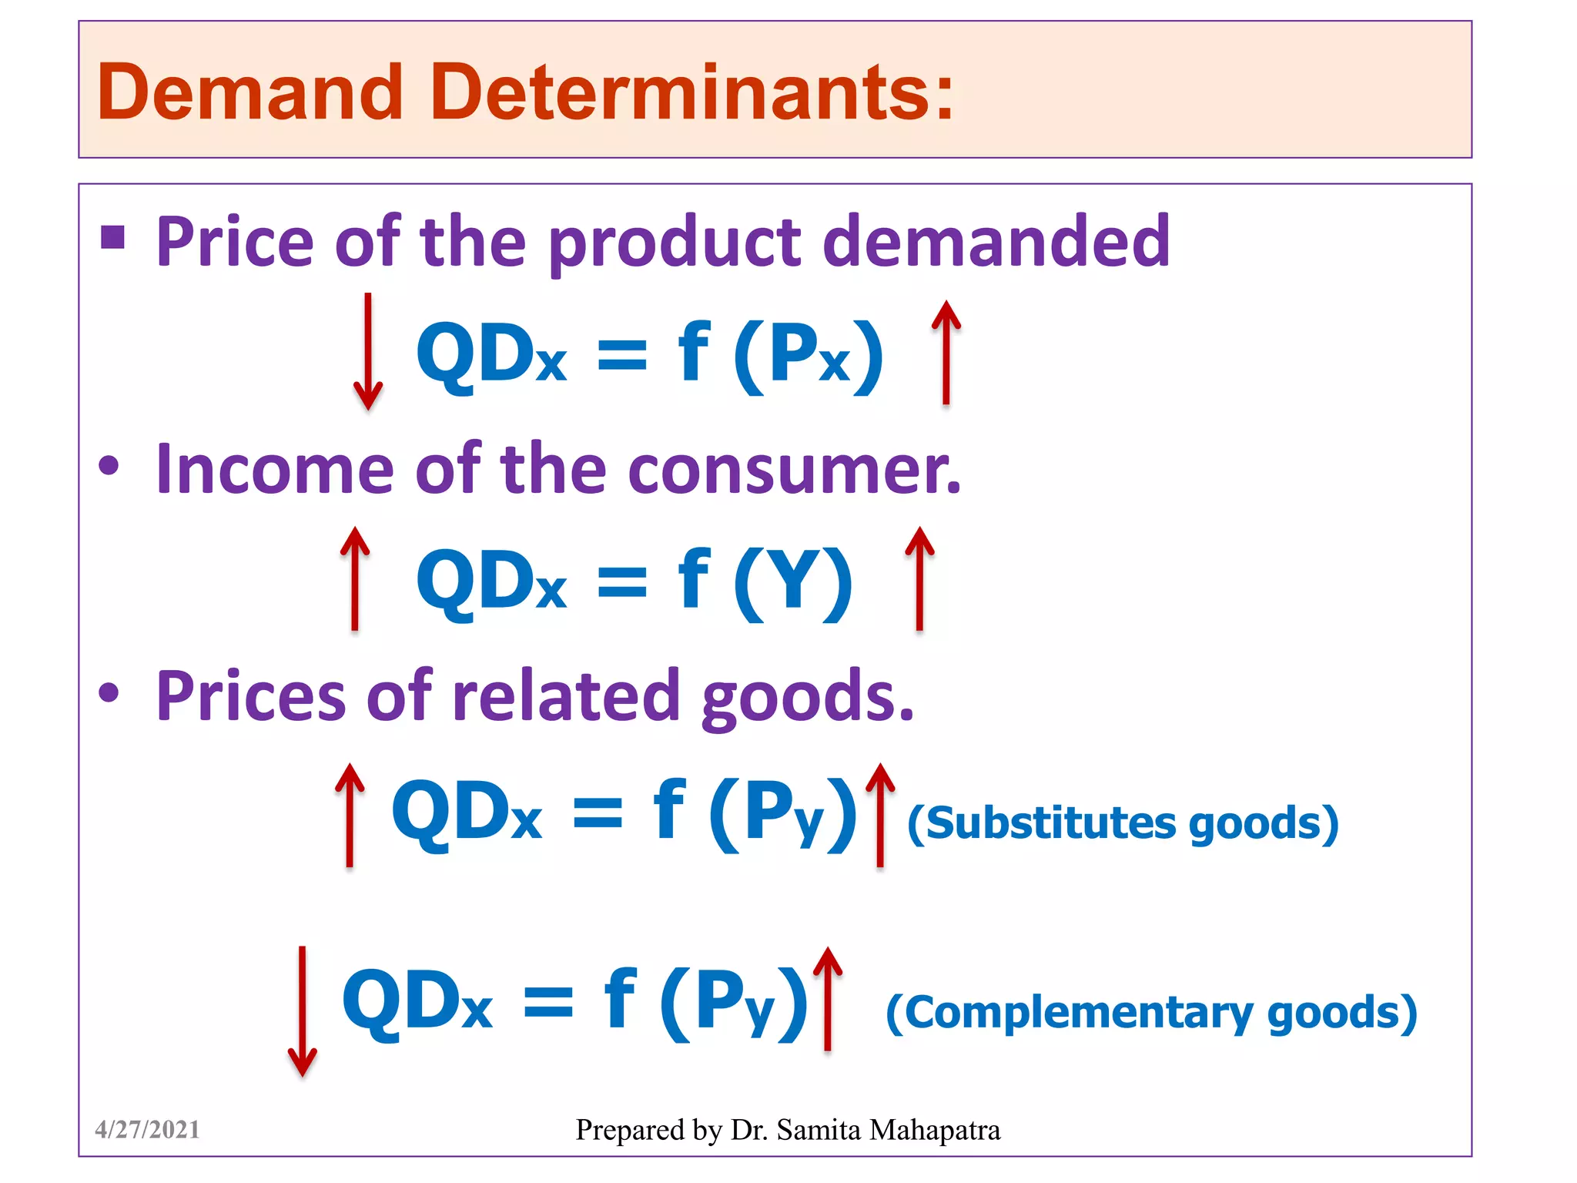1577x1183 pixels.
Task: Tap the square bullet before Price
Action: coord(113,238)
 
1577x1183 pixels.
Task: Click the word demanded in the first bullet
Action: coord(996,241)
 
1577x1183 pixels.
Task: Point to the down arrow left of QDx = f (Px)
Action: coord(368,351)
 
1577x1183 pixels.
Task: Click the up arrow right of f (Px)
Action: coord(946,351)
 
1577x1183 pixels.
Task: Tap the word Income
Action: coord(274,469)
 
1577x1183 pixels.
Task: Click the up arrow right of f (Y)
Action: coord(919,578)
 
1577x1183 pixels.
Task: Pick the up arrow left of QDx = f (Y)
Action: coord(355,578)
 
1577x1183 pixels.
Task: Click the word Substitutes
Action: coord(1051,823)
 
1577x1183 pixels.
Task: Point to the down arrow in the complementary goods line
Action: coord(302,1010)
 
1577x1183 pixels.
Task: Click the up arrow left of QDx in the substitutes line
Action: coord(350,814)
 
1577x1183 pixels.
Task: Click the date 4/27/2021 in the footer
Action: coord(147,1130)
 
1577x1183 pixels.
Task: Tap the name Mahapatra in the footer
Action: coord(935,1130)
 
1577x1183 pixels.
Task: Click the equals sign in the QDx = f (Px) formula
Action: coord(622,355)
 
